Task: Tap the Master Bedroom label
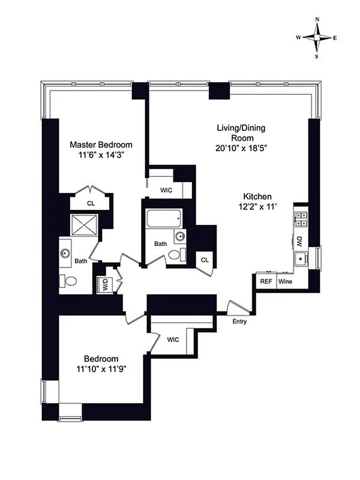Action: pyautogui.click(x=101, y=145)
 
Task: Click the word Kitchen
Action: pyautogui.click(x=258, y=196)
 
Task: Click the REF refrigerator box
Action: pyautogui.click(x=265, y=281)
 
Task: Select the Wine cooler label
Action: pyautogui.click(x=285, y=281)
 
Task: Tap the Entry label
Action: pyautogui.click(x=239, y=322)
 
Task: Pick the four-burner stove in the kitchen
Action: pyautogui.click(x=301, y=220)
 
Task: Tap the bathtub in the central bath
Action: pyautogui.click(x=163, y=218)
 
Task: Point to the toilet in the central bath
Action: pyautogui.click(x=174, y=255)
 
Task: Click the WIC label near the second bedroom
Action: pyautogui.click(x=173, y=340)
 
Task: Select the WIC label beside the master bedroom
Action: pyautogui.click(x=167, y=190)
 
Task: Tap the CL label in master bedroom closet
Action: pyautogui.click(x=91, y=203)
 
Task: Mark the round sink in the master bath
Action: pyautogui.click(x=65, y=253)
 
